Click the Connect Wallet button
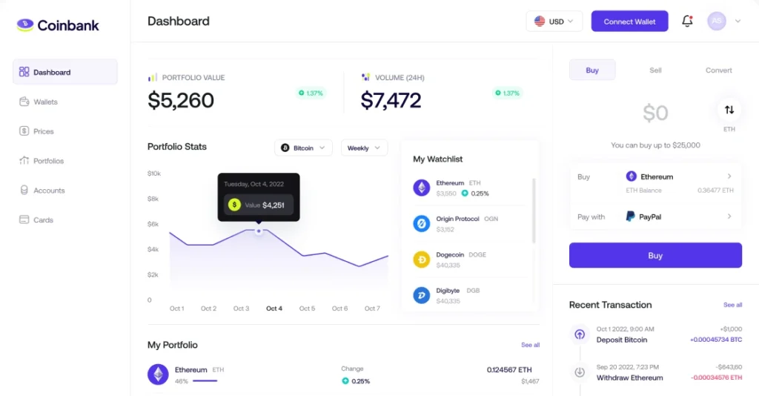coord(629,22)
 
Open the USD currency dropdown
coord(554,22)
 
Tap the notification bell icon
coord(687,22)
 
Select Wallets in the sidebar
coord(45,102)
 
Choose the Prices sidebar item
coord(43,131)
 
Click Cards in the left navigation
coord(43,220)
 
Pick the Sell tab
coord(655,70)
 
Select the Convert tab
coord(718,70)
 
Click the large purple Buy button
coord(655,255)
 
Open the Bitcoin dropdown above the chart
coord(303,148)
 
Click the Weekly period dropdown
coord(364,148)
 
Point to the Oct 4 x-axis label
coord(274,308)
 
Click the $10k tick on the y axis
coord(154,174)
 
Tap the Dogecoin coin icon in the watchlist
coord(422,260)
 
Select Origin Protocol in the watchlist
coord(457,220)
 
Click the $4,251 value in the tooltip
coord(274,205)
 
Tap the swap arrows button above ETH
coord(729,110)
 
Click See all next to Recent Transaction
coord(732,305)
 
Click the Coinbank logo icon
coord(25,25)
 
